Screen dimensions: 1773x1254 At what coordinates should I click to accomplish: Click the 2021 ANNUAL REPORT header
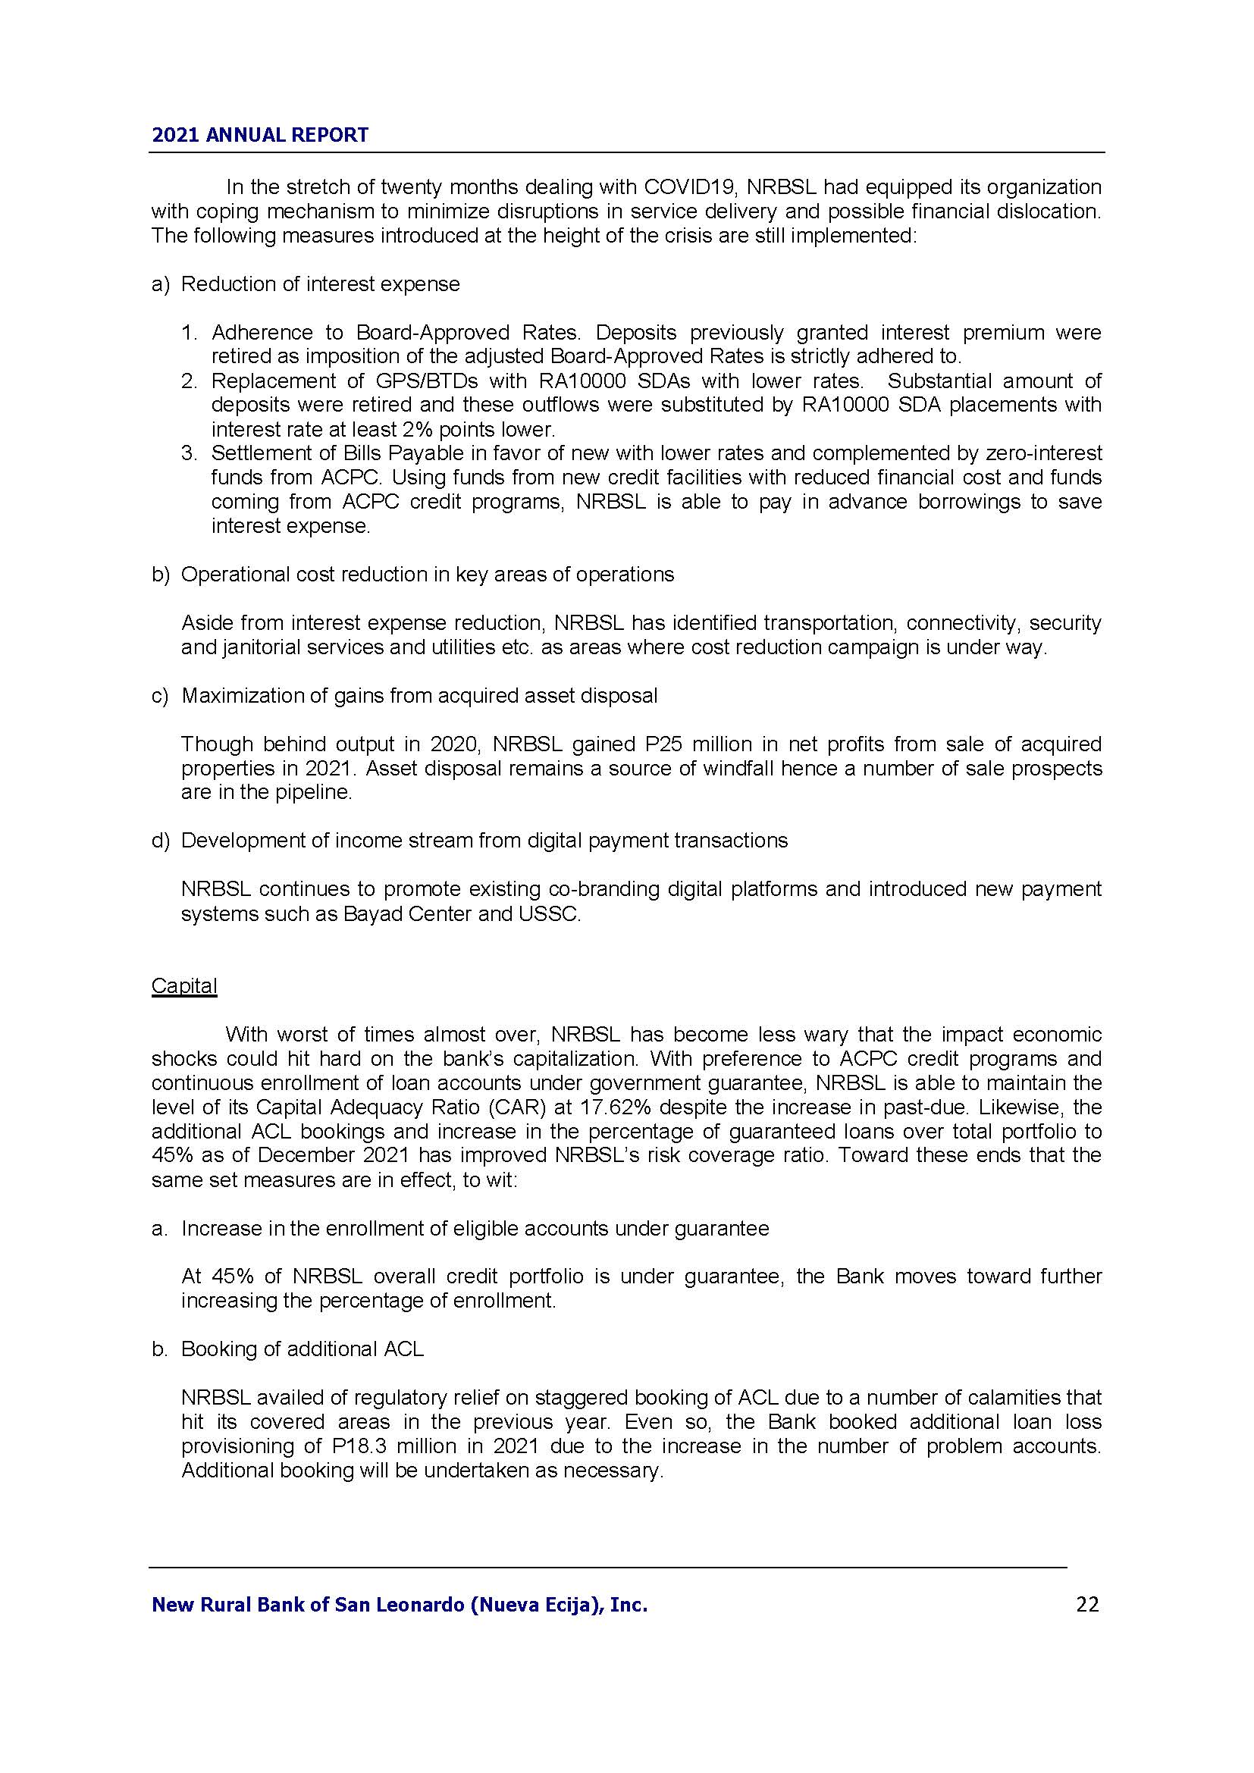(x=260, y=135)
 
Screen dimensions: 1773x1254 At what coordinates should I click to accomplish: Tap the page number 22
(x=1087, y=1605)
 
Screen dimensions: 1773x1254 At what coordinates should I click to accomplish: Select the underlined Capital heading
(x=183, y=986)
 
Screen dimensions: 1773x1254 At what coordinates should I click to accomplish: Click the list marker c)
(x=160, y=696)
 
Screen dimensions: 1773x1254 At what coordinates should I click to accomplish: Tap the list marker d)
(x=160, y=841)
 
